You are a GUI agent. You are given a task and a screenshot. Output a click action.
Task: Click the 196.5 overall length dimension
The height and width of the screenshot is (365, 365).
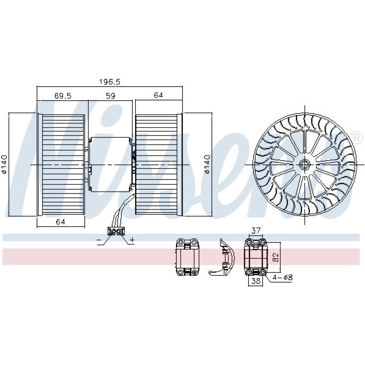click(x=109, y=82)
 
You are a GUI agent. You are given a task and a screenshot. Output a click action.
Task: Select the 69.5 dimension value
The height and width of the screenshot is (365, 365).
click(x=63, y=96)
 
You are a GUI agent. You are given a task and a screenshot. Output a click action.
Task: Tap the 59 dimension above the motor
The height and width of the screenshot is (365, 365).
click(x=110, y=96)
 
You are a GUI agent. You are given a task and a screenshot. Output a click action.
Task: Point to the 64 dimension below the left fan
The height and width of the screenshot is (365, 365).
click(x=60, y=222)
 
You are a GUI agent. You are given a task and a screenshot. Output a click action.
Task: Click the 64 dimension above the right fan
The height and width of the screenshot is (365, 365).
click(x=158, y=95)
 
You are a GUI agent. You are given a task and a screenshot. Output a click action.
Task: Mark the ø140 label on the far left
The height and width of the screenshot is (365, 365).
click(x=4, y=164)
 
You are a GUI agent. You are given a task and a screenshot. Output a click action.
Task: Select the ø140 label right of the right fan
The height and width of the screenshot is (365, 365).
click(x=207, y=164)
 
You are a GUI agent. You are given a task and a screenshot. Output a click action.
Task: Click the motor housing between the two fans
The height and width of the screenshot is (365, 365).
click(x=110, y=164)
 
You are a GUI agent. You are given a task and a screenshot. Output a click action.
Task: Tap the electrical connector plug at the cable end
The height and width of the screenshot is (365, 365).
click(x=116, y=231)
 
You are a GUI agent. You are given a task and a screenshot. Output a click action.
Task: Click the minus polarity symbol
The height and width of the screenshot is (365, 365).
click(x=99, y=240)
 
